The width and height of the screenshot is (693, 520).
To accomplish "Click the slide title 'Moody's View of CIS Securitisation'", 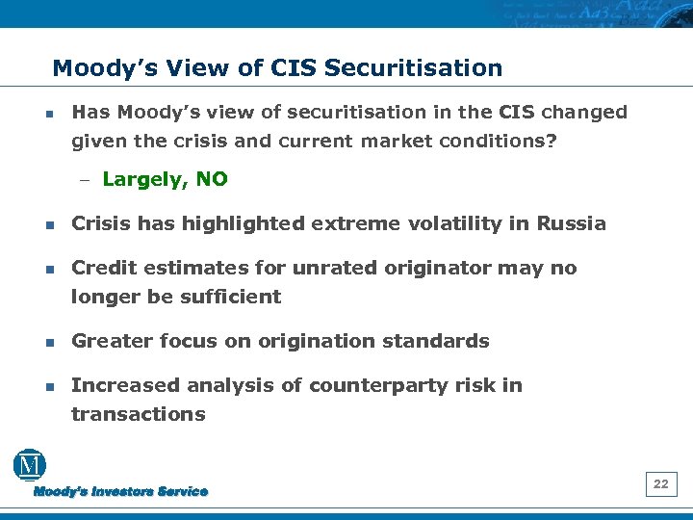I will tap(277, 68).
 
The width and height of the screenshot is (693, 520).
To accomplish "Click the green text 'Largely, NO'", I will tap(165, 179).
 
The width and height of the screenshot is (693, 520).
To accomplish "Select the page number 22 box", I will tap(660, 484).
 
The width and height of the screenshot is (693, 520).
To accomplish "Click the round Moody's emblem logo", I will tap(30, 465).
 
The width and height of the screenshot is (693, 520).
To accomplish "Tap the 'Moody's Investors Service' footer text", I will tap(121, 492).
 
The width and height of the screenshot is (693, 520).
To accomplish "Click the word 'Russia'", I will tap(572, 224).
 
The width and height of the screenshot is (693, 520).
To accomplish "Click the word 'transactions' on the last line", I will tap(139, 414).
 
